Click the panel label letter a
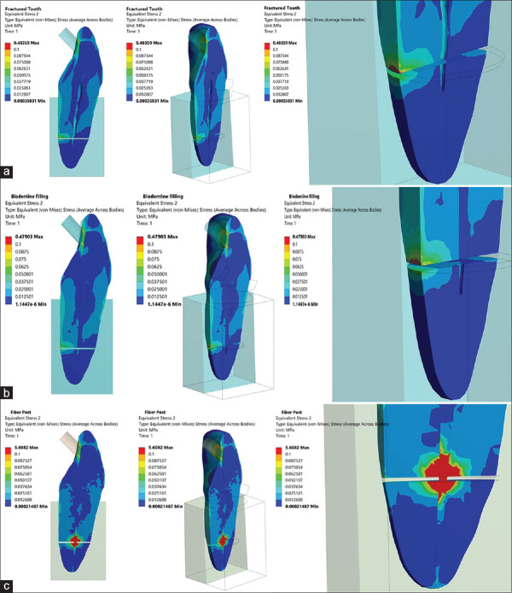click(x=8, y=172)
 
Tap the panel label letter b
click(x=8, y=394)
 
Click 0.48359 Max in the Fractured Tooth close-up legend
click(x=305, y=41)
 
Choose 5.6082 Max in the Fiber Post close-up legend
click(x=304, y=448)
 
